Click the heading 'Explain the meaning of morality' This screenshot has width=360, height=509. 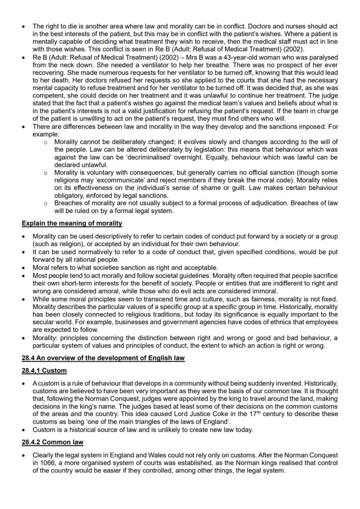click(72, 223)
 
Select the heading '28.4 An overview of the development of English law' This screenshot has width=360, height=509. click(103, 358)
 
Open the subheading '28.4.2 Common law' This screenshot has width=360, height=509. click(52, 442)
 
